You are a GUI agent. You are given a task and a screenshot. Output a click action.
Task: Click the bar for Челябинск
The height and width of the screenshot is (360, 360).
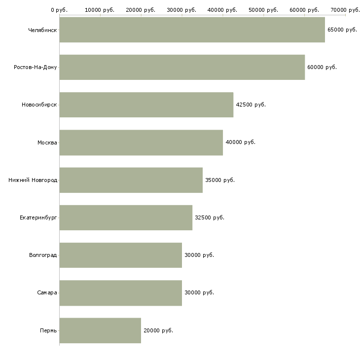[192, 30]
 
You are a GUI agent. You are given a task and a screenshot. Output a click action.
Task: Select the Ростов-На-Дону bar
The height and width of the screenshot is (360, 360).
[182, 67]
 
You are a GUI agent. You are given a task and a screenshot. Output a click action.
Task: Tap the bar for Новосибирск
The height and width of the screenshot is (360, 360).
[146, 105]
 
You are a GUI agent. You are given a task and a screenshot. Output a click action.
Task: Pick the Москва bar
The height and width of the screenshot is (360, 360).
[141, 143]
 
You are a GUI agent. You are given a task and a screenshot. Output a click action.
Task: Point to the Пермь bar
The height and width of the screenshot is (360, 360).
[100, 330]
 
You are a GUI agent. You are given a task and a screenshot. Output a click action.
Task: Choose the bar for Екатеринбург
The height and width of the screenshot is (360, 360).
[126, 217]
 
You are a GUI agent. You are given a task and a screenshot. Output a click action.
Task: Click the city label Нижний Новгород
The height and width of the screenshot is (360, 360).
[33, 180]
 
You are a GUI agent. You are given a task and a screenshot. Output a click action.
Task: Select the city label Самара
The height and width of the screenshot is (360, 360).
[47, 293]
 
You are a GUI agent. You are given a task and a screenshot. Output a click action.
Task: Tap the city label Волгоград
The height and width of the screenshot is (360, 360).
[43, 255]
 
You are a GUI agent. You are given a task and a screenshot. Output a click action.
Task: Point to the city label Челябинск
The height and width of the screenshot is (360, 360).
[42, 30]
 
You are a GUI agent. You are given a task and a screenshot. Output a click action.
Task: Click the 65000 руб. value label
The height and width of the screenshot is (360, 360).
[342, 30]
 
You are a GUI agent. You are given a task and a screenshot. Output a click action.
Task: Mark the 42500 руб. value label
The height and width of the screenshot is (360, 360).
[251, 105]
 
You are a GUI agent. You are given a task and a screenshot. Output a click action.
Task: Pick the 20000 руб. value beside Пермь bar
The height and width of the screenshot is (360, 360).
[158, 330]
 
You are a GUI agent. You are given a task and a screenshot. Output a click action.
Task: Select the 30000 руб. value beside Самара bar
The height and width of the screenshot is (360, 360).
[199, 293]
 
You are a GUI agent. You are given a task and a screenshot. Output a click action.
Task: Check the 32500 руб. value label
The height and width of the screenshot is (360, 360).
[210, 217]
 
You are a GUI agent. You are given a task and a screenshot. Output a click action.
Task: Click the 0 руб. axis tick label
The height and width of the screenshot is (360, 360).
[59, 10]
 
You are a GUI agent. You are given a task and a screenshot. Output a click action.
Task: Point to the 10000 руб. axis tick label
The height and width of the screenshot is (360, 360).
[100, 10]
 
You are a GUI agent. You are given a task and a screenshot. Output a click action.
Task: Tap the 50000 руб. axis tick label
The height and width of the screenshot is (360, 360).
[263, 10]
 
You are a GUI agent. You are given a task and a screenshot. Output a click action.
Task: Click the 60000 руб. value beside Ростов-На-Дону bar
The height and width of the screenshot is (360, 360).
[322, 67]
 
